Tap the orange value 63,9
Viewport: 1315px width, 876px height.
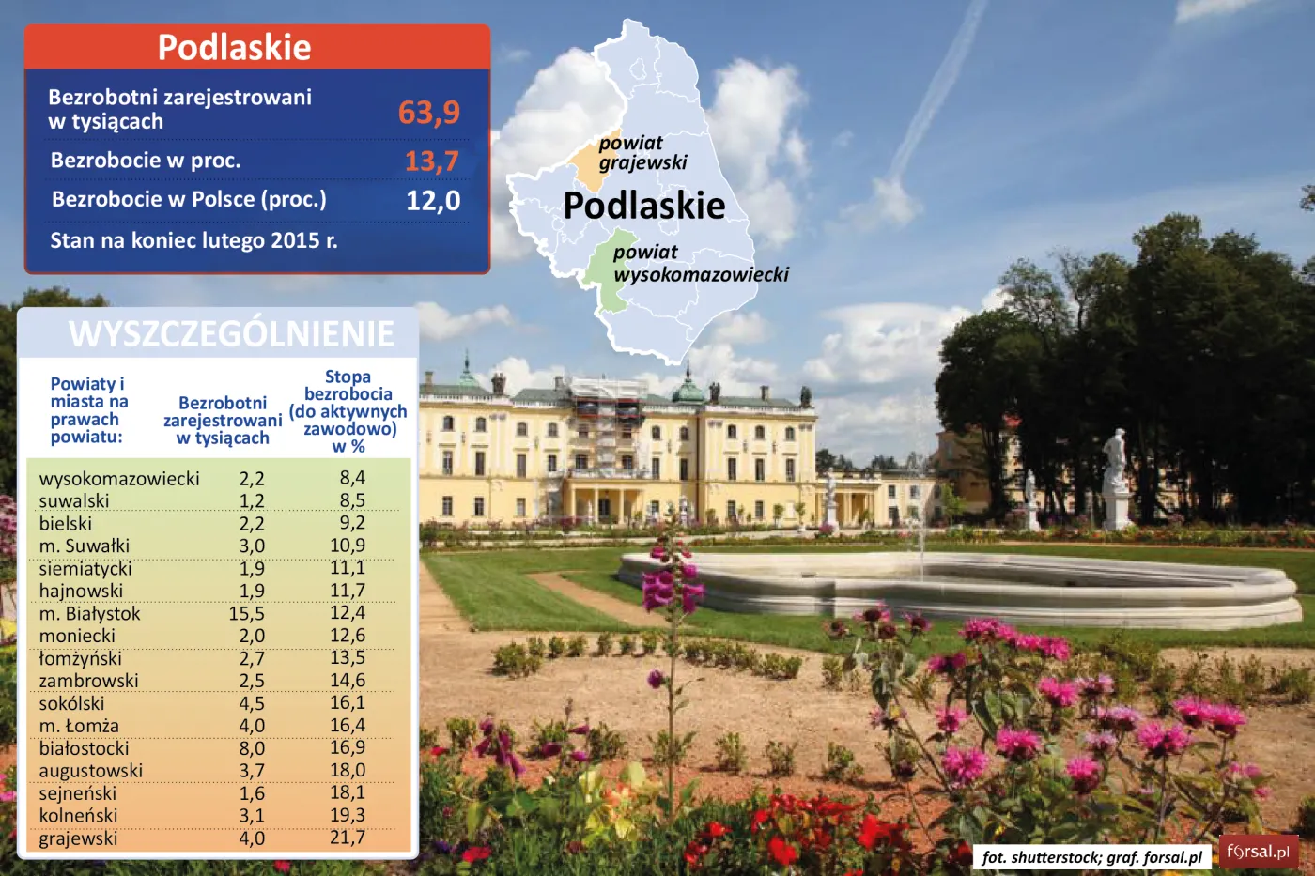tap(429, 113)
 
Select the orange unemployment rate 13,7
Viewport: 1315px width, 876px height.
tap(432, 161)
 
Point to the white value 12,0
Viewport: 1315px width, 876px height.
tap(433, 201)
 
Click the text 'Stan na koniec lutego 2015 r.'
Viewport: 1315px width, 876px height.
tap(193, 240)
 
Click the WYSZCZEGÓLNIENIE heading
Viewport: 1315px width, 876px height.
tap(231, 334)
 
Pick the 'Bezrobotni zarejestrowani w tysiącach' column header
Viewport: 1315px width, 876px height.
tap(223, 421)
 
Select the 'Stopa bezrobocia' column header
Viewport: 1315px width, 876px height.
tap(348, 411)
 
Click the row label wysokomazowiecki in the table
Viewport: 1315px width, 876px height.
tap(119, 479)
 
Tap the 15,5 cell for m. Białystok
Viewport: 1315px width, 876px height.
tap(247, 614)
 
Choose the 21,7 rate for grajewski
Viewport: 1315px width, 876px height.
tap(348, 838)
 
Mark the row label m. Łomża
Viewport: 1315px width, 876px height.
tap(79, 726)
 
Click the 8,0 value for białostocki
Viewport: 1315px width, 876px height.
tap(252, 748)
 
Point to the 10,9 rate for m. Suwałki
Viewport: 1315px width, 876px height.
tap(348, 546)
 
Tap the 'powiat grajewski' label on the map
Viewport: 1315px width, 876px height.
tap(642, 153)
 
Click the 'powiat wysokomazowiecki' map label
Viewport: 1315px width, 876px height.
tap(700, 264)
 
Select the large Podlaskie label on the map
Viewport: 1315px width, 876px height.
tap(644, 206)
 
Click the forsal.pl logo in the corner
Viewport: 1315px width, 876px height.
tap(1258, 853)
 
